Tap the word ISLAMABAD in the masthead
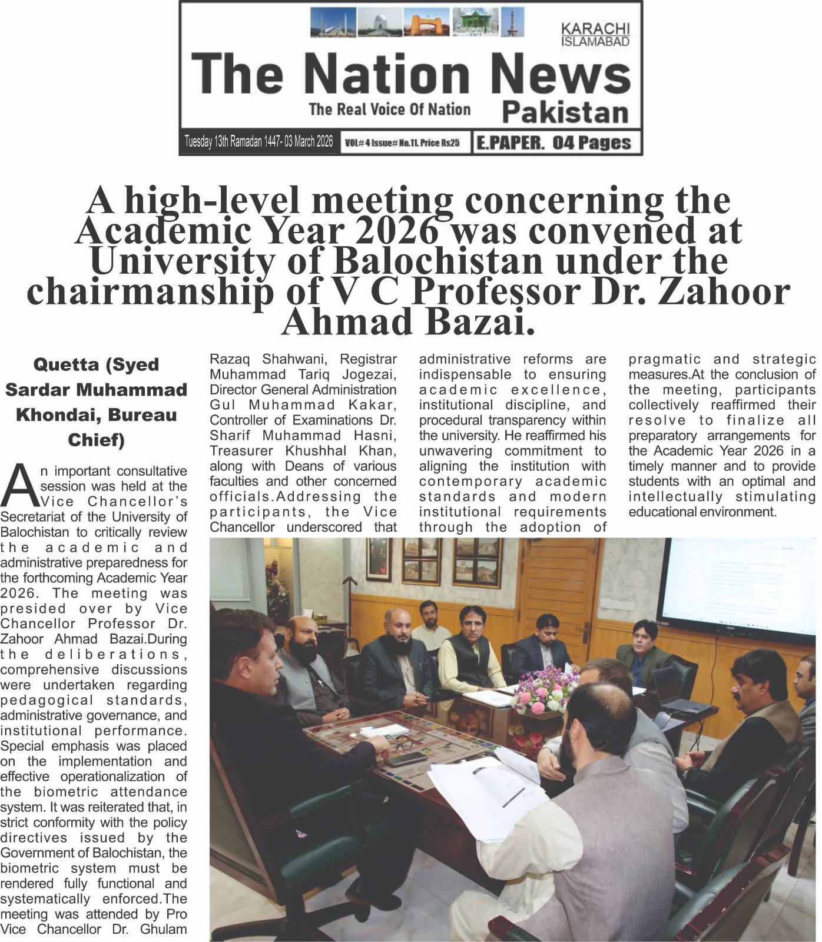[x=595, y=42]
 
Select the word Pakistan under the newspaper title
[x=566, y=112]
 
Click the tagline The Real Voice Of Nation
[x=389, y=109]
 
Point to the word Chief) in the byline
[x=96, y=440]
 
